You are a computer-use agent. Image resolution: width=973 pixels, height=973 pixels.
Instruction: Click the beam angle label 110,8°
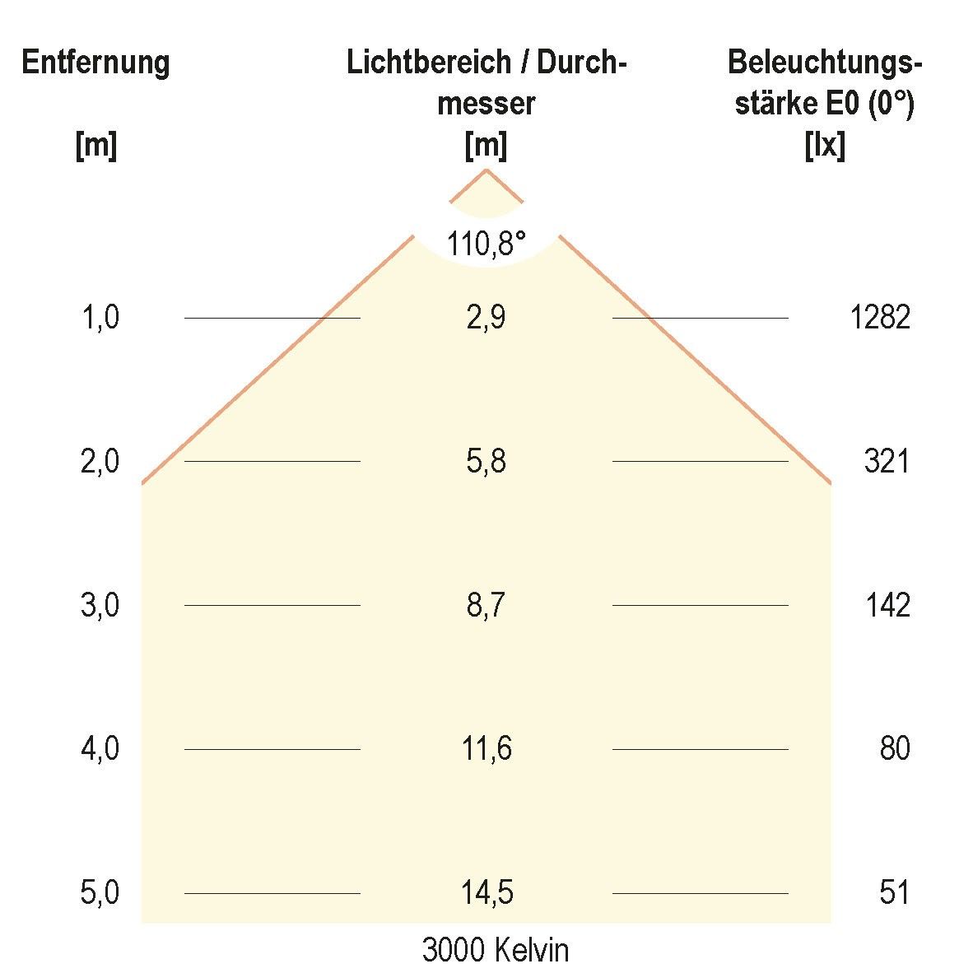(486, 244)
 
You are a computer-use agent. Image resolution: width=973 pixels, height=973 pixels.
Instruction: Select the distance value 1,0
(100, 317)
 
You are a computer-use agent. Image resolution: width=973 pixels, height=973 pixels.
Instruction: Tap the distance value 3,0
(100, 605)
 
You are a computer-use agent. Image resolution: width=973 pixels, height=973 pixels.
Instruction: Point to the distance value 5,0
(100, 892)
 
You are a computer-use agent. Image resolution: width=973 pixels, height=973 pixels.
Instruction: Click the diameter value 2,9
(486, 317)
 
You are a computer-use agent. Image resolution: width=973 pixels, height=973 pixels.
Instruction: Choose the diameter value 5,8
(486, 461)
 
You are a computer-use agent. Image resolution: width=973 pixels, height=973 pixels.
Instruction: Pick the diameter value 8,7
(486, 605)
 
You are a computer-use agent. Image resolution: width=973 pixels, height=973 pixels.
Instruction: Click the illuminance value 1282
(880, 317)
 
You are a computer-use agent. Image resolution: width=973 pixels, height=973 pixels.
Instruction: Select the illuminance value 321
(887, 461)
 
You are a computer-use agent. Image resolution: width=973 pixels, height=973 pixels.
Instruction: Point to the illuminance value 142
(887, 605)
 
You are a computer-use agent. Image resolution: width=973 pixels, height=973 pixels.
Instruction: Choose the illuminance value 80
(894, 748)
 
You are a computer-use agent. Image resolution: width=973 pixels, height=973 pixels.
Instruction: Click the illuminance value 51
(894, 892)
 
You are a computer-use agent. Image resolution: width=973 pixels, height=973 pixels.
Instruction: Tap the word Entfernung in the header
(95, 63)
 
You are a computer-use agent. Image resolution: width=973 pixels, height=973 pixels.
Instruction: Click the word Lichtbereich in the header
(427, 63)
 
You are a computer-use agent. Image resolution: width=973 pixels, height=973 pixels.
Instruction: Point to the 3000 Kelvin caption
(495, 950)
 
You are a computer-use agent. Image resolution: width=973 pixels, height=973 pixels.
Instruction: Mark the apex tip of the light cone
(486, 170)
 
